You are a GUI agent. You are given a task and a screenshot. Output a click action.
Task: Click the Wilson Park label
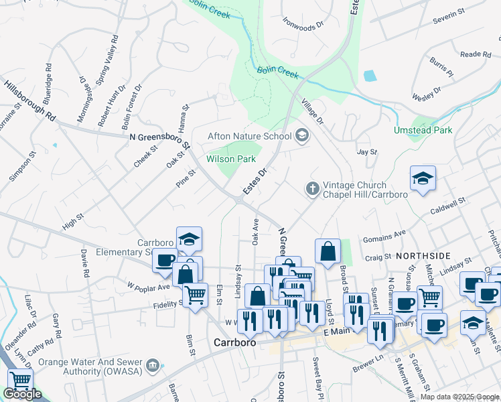pyautogui.click(x=231, y=159)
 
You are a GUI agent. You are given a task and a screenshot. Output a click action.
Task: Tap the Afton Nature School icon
pyautogui.click(x=302, y=136)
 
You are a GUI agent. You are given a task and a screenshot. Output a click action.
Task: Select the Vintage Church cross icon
pyautogui.click(x=312, y=190)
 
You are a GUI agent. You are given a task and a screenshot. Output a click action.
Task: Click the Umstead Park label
pyautogui.click(x=423, y=130)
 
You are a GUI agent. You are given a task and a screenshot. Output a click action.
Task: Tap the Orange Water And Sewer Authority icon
pyautogui.click(x=153, y=365)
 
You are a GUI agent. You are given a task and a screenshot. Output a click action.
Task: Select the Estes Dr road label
pyautogui.click(x=255, y=182)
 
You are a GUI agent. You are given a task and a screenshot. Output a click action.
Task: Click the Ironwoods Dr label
pyautogui.click(x=303, y=25)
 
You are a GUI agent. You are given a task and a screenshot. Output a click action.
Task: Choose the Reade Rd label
pyautogui.click(x=476, y=54)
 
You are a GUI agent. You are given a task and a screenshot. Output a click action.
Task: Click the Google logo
pyautogui.click(x=21, y=395)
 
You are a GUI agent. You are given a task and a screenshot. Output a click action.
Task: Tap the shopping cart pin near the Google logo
pyautogui.click(x=21, y=380)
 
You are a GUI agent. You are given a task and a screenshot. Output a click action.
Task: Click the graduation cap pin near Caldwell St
pyautogui.click(x=423, y=178)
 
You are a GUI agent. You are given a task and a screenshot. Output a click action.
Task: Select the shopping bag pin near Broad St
pyautogui.click(x=328, y=252)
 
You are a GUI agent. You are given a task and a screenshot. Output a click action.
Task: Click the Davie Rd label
pyautogui.click(x=84, y=264)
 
